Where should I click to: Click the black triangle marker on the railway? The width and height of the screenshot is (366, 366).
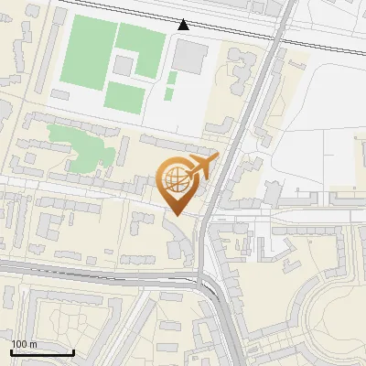184,25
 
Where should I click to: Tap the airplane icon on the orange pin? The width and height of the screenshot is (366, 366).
198,167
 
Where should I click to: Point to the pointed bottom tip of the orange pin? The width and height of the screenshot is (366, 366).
175,215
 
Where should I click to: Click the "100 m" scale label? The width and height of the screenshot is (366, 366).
25,344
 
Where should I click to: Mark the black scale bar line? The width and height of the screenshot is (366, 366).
42,352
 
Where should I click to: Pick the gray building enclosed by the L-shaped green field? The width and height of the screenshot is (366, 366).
123,66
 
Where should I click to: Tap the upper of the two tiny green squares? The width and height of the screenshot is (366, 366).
171,79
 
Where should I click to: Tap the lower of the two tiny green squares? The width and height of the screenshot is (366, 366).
170,93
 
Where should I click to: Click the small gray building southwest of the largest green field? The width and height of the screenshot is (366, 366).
62,94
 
